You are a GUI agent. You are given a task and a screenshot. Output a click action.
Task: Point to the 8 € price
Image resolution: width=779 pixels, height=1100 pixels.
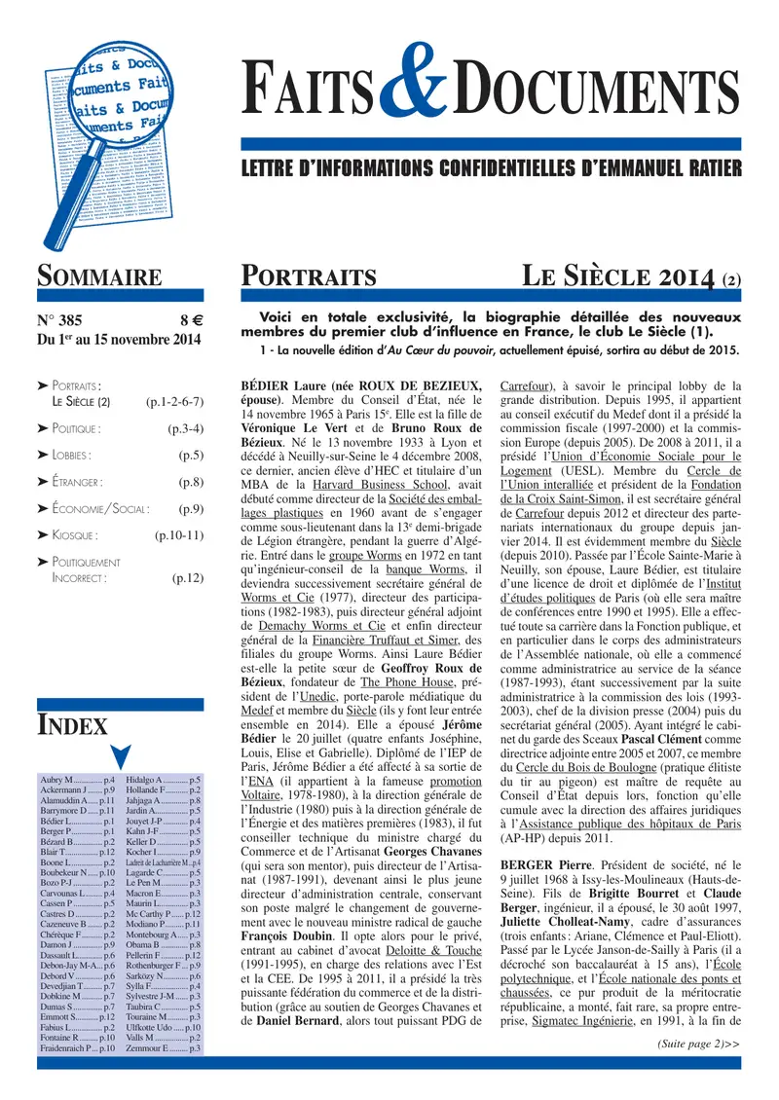pos(189,320)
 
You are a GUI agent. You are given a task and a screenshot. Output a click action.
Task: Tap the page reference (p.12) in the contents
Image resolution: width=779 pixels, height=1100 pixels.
pos(187,577)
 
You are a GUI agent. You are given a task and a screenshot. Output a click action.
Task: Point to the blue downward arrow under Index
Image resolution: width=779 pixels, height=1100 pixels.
pos(120,756)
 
